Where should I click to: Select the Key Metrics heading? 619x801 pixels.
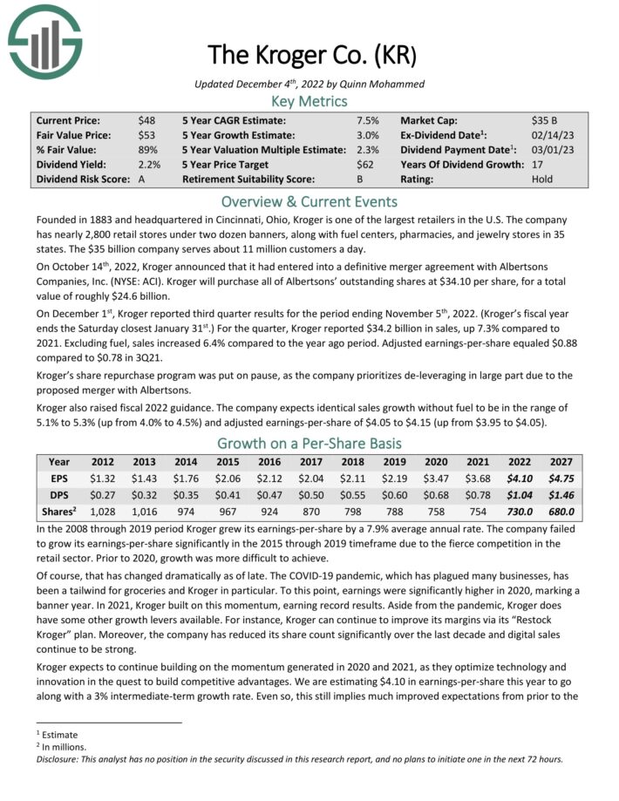click(309, 101)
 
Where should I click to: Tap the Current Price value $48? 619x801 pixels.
click(146, 120)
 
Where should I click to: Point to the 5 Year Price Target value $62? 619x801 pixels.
click(365, 165)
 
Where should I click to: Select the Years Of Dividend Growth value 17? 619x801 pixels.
click(537, 165)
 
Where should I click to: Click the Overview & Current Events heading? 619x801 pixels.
click(309, 202)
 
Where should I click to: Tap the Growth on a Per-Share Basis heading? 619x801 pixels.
click(309, 441)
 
